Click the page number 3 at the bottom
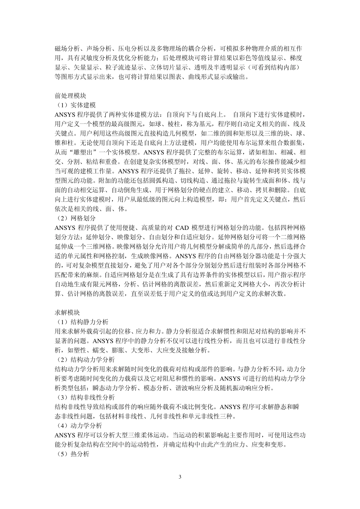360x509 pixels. click(x=180, y=477)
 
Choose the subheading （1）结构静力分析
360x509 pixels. click(x=82, y=322)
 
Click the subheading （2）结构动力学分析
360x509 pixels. click(x=85, y=360)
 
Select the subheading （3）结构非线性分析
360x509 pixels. click(x=85, y=398)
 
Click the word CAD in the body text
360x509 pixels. click(x=183, y=228)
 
